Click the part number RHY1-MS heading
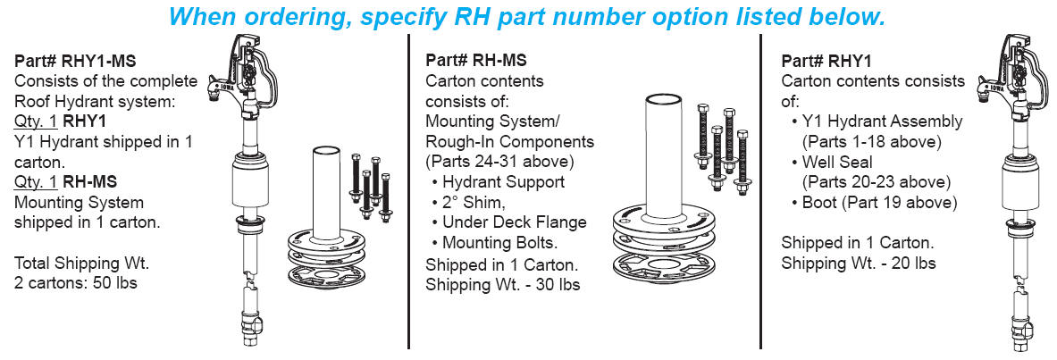pos(73,62)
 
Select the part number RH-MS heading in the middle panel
pos(475,61)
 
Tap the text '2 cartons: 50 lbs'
pos(76,283)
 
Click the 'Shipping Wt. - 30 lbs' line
pos(502,285)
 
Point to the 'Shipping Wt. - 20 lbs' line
pos(859,263)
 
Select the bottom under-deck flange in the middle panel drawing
pos(664,268)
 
